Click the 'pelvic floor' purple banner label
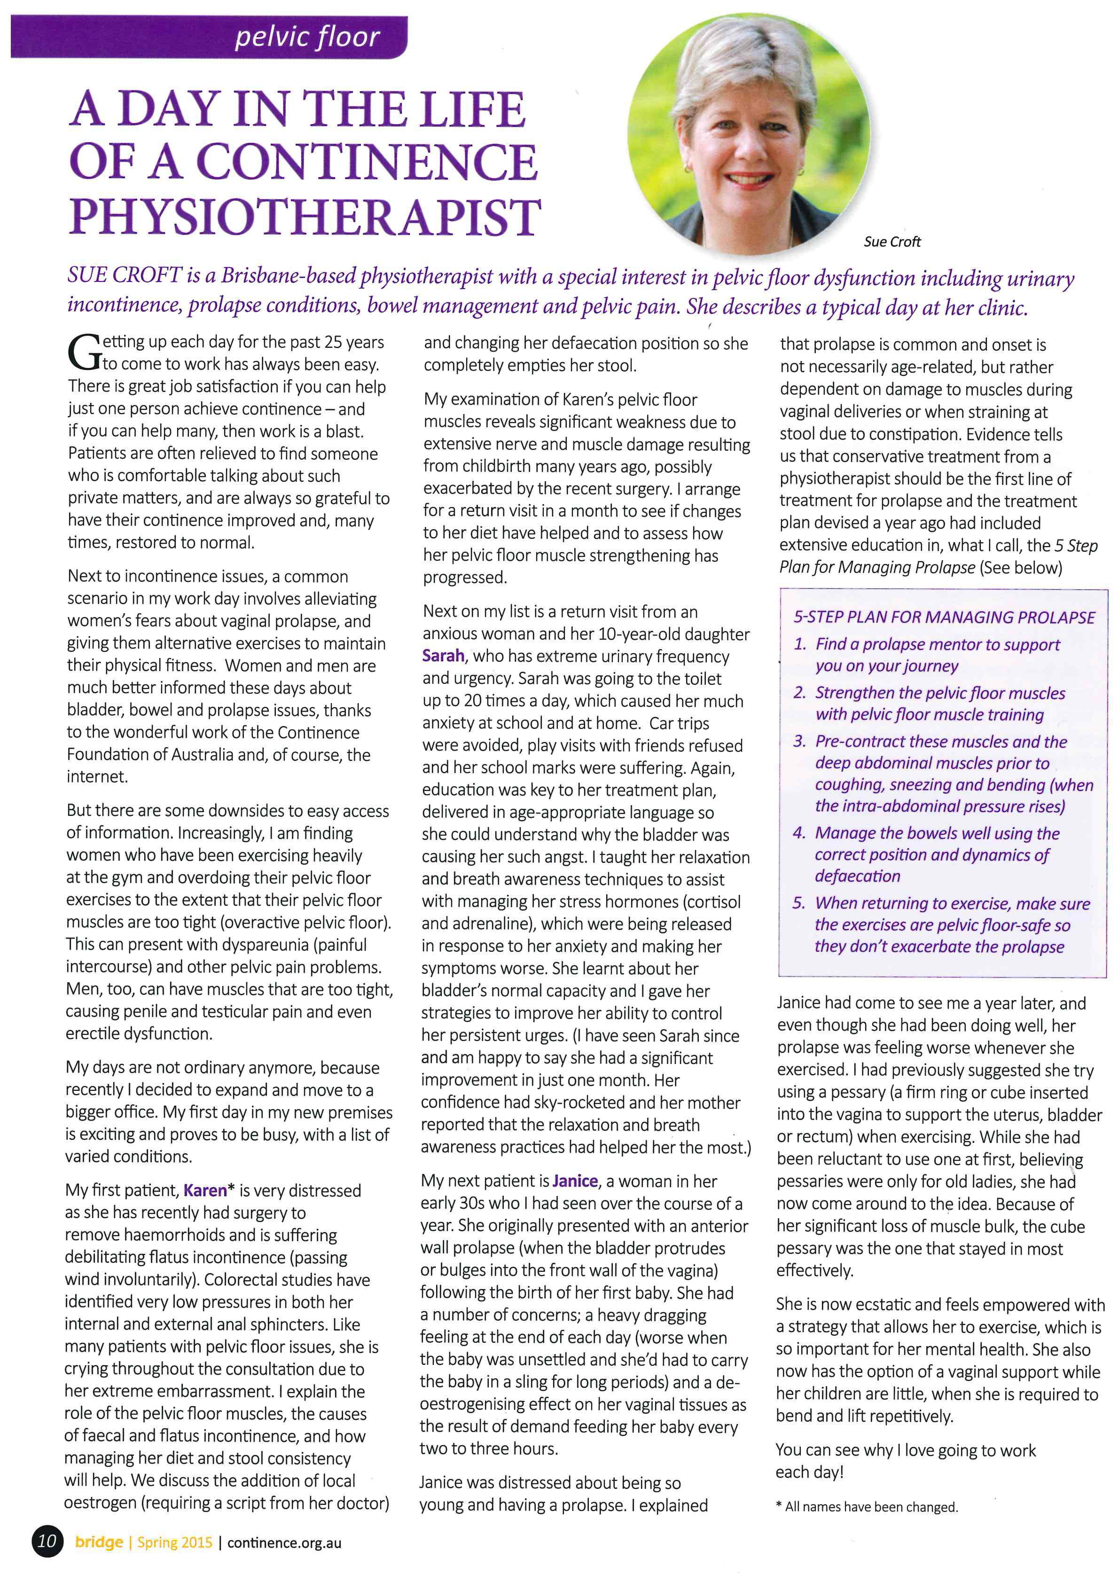click(307, 37)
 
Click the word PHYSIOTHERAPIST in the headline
click(305, 217)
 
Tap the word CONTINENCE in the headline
click(366, 163)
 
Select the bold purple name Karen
click(205, 1190)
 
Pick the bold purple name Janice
click(575, 1182)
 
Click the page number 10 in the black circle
click(47, 1540)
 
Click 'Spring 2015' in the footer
click(175, 1542)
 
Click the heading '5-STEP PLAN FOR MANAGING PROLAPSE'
click(944, 617)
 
